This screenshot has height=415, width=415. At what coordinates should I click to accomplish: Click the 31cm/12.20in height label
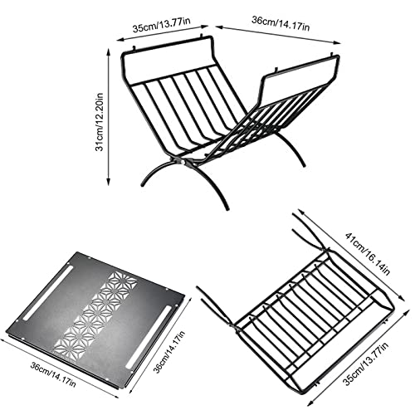click(x=99, y=122)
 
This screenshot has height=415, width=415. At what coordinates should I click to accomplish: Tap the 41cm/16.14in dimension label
click(x=368, y=254)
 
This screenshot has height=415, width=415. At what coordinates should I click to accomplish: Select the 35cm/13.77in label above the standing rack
click(x=161, y=25)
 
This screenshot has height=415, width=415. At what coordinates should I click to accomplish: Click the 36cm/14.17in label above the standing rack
click(x=281, y=23)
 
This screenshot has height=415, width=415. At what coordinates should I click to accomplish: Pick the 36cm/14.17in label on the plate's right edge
click(x=169, y=351)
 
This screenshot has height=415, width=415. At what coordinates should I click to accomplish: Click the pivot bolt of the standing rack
click(x=183, y=162)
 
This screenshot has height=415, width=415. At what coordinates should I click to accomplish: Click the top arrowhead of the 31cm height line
click(x=109, y=51)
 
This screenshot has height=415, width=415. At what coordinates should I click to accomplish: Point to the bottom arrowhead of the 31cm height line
click(x=109, y=182)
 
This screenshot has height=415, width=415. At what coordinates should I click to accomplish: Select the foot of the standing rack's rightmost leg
click(x=304, y=165)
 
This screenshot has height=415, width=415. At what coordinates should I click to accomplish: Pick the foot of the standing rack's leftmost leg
click(x=143, y=184)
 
